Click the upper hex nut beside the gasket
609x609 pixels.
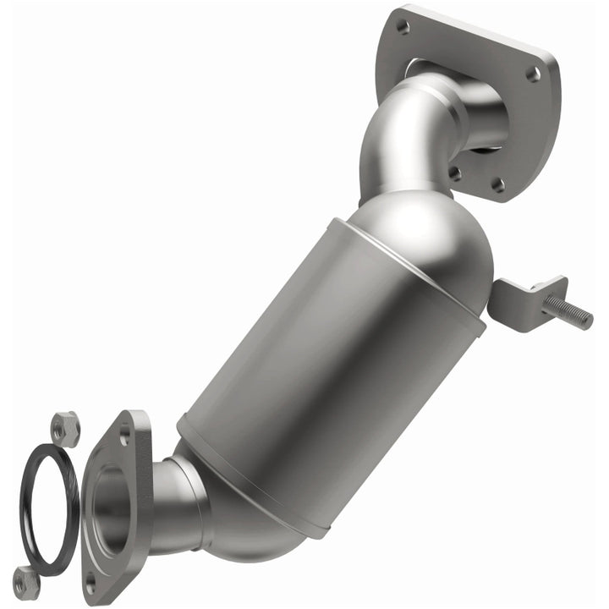(64, 429)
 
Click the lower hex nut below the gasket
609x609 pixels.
(27, 582)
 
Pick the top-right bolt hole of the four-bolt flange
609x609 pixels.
(533, 74)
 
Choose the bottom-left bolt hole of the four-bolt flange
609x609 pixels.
(455, 173)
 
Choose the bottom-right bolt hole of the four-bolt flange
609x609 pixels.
(498, 184)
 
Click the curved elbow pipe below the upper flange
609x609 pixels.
(398, 140)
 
